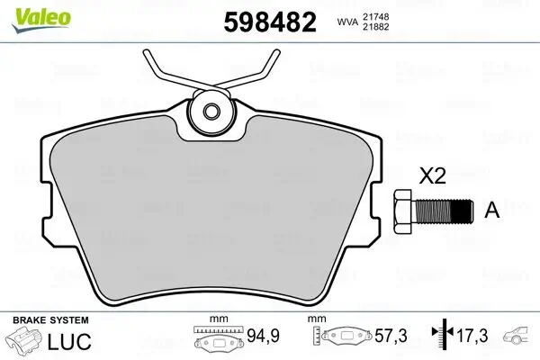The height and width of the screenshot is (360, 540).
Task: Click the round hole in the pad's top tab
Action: point(213,112)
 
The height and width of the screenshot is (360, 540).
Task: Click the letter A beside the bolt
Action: point(491,211)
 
